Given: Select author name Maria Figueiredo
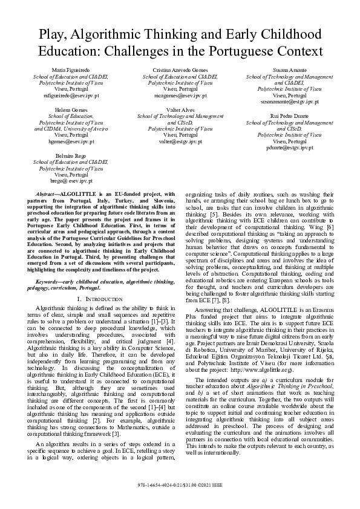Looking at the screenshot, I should point(71,71).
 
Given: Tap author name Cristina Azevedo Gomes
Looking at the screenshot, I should point(180,71).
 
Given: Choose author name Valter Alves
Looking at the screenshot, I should point(180,109).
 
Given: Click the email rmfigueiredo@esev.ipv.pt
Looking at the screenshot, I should point(71,96).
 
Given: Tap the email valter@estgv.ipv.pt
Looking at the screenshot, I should point(180,141).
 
